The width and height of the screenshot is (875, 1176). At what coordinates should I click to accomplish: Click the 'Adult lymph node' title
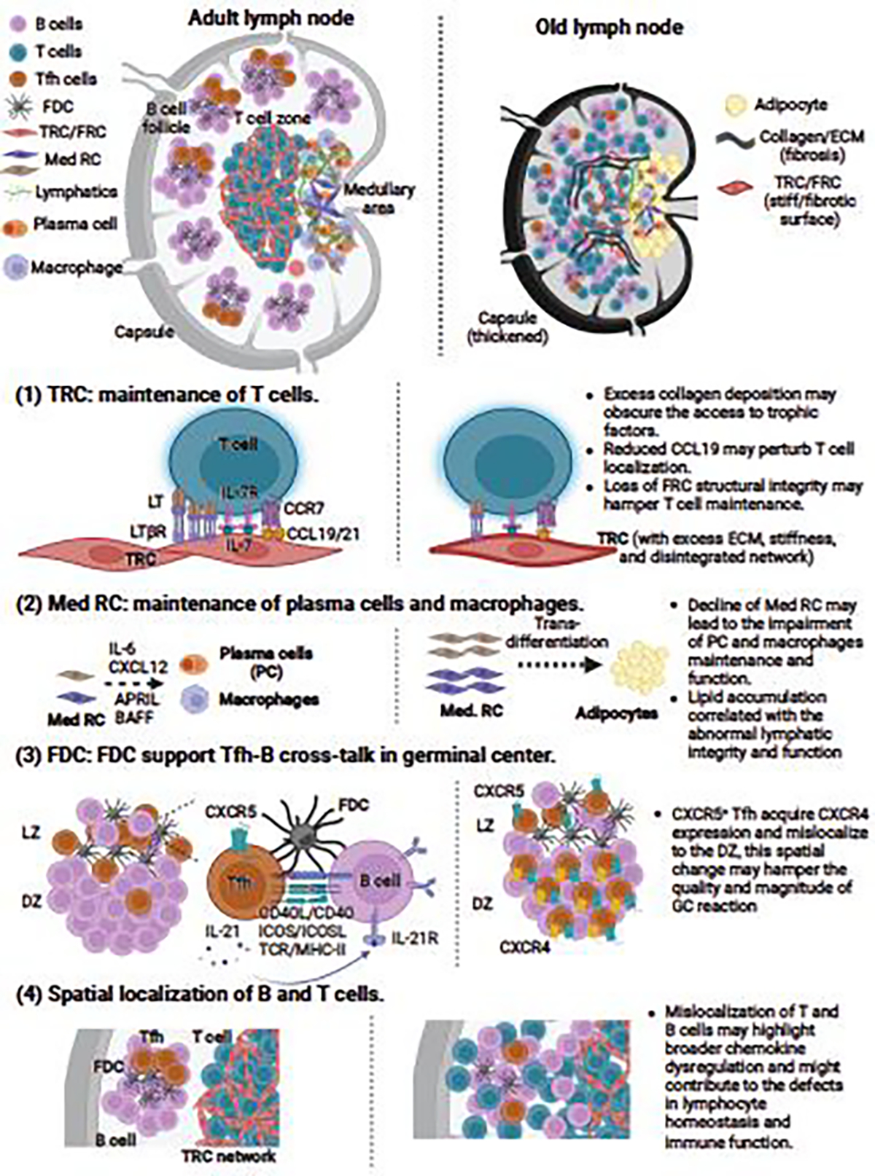point(271,17)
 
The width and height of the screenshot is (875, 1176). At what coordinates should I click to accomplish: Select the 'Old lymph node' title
point(609,28)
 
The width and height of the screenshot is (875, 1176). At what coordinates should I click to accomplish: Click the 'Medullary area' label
point(378,199)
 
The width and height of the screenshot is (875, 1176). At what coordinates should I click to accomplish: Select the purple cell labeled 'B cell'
point(377,880)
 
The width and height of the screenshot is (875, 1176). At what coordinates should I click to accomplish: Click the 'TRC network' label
point(229,1156)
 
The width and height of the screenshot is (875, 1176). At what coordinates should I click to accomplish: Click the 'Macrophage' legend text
point(76,268)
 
